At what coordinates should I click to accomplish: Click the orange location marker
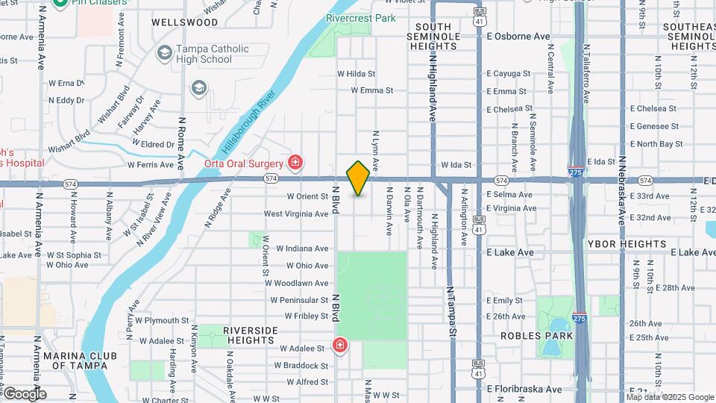pos(358,178)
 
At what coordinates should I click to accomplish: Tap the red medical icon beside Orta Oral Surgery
pos(296,163)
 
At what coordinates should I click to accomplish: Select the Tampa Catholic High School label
pos(202,54)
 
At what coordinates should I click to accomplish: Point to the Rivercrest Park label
pos(361,18)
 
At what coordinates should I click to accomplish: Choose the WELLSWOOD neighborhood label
pos(184,22)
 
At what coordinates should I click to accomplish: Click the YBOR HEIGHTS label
pos(626,244)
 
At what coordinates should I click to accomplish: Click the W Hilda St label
pos(356,74)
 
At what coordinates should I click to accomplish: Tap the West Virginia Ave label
pos(296,214)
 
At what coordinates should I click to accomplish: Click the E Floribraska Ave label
pos(524,389)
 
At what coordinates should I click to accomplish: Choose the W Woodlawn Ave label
pos(301,284)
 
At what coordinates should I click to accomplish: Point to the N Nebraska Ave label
pos(621,191)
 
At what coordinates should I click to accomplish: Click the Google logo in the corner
pos(25,394)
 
